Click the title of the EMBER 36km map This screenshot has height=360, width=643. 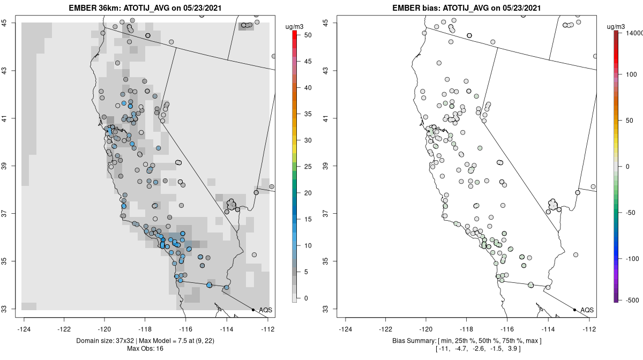[147, 8]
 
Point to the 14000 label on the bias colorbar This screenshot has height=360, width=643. [630, 33]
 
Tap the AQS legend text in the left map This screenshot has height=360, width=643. [266, 310]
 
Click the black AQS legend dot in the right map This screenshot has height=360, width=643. [574, 310]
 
